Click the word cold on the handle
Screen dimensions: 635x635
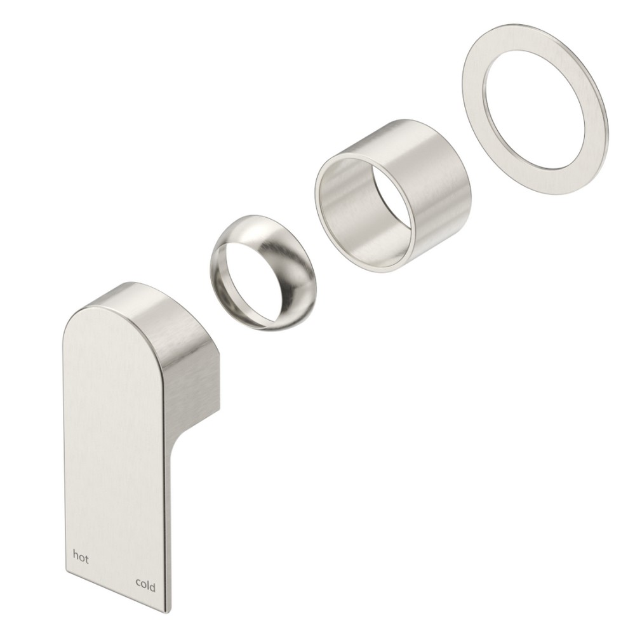145,585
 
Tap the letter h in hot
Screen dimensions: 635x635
76,554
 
